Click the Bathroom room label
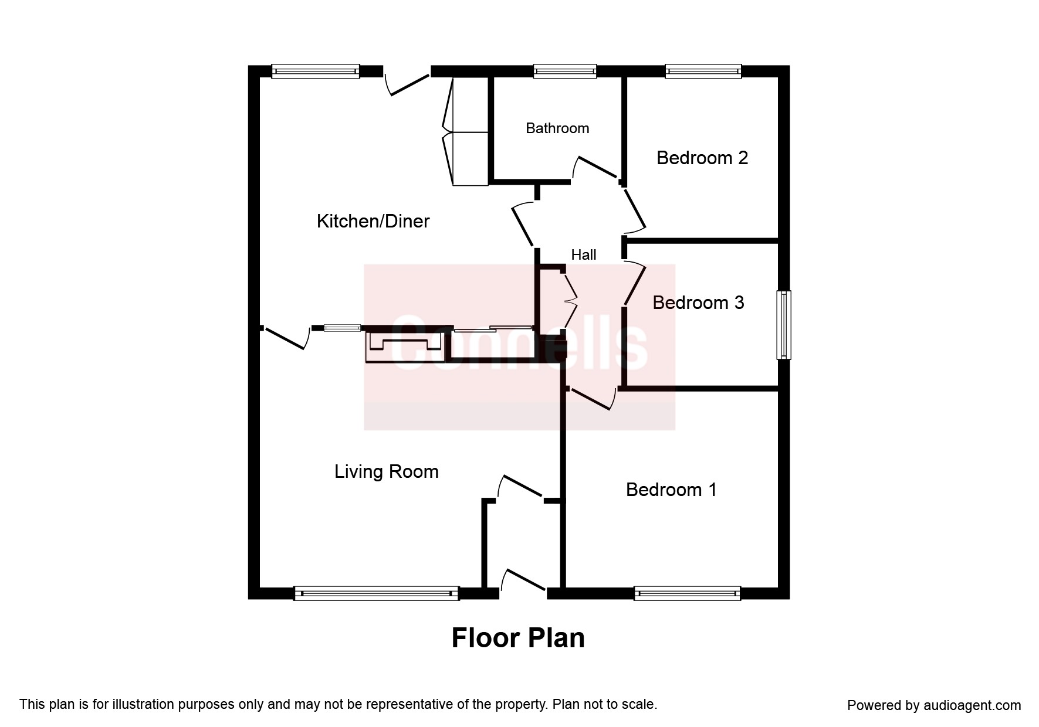[557, 128]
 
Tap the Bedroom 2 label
[702, 158]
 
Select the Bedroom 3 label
[698, 303]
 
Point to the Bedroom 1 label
[671, 490]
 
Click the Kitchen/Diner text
[373, 221]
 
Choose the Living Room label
[386, 471]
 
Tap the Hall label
[583, 254]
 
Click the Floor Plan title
[517, 638]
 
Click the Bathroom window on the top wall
[564, 72]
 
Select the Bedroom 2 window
[703, 72]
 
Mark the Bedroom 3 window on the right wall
[783, 324]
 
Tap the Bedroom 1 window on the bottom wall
[686, 593]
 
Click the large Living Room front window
[375, 593]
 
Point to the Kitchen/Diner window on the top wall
[315, 72]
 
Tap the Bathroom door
[595, 168]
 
